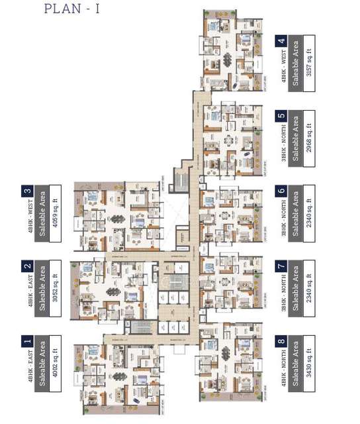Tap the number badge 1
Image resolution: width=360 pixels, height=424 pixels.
[x=27, y=342]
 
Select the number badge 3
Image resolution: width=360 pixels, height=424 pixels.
[x=27, y=191]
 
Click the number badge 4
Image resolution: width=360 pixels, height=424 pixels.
[x=283, y=41]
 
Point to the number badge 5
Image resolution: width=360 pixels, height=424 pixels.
[x=283, y=117]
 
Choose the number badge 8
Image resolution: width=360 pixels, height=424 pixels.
[x=283, y=343]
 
